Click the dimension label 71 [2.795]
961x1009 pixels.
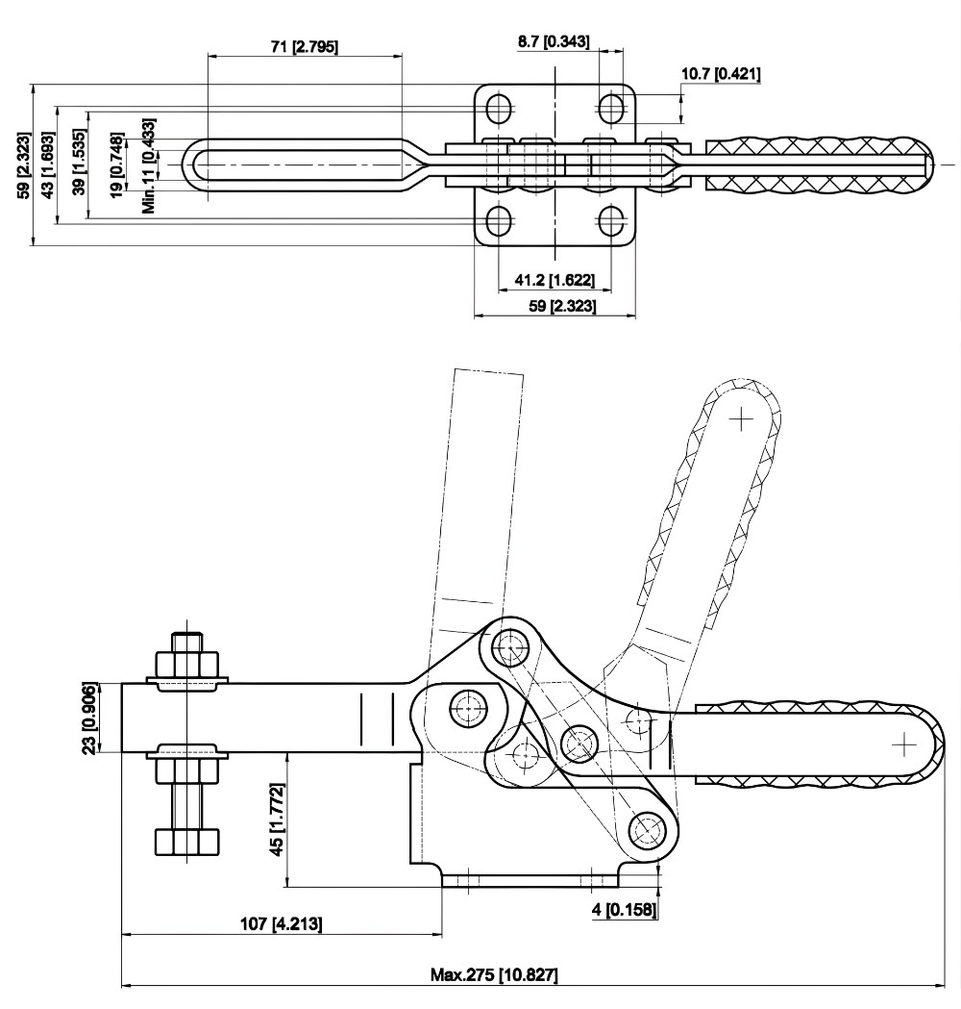(x=303, y=45)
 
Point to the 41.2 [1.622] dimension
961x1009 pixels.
(x=554, y=280)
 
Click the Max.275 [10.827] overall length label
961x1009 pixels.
(x=494, y=974)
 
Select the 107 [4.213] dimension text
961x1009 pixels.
(x=281, y=923)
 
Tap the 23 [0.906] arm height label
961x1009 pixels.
(x=88, y=718)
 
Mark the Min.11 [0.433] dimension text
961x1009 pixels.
(x=147, y=164)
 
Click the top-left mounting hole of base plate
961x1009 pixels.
(x=499, y=109)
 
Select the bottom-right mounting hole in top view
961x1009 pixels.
(x=611, y=222)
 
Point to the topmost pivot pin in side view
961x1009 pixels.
(x=508, y=644)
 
